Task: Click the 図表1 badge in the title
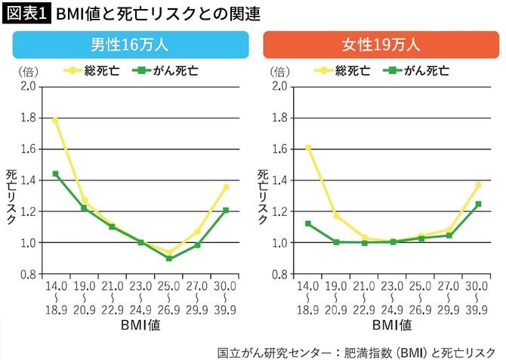(26, 13)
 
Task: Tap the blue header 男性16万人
(131, 45)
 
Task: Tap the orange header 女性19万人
(381, 45)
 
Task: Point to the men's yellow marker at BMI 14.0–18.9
(55, 120)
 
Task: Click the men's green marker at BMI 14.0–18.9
(55, 174)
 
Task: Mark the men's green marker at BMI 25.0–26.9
(169, 258)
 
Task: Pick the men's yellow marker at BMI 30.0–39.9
(226, 187)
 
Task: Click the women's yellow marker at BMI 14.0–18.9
(308, 147)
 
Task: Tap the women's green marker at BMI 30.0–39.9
(478, 204)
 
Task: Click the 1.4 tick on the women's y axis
(279, 180)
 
